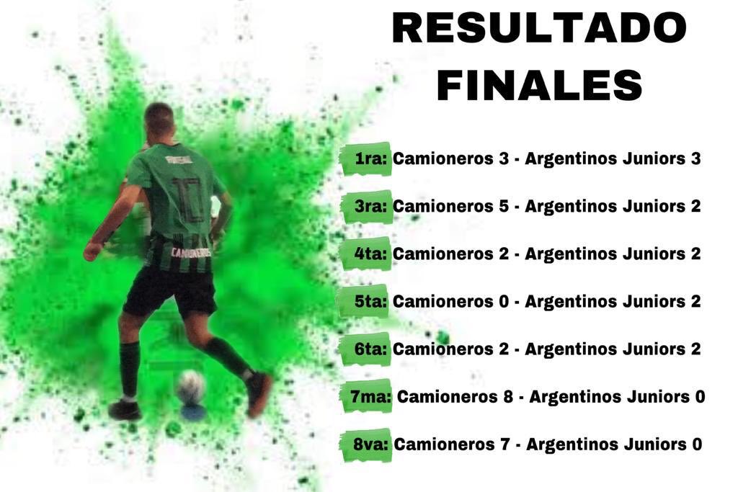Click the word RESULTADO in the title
tap(539, 28)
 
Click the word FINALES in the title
tap(539, 85)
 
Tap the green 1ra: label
tap(370, 159)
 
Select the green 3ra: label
tap(370, 207)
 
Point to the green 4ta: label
tap(370, 254)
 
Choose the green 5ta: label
tap(370, 302)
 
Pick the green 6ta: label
tap(370, 349)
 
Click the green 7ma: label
tap(370, 397)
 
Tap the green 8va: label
tap(371, 444)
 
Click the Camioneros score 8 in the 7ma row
tap(508, 397)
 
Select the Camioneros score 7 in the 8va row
tap(505, 444)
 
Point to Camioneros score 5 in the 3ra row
tap(504, 207)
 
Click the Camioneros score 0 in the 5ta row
tap(504, 302)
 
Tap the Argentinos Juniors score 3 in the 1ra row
tap(695, 159)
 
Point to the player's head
tap(159, 120)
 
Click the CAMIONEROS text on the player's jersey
tap(191, 253)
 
